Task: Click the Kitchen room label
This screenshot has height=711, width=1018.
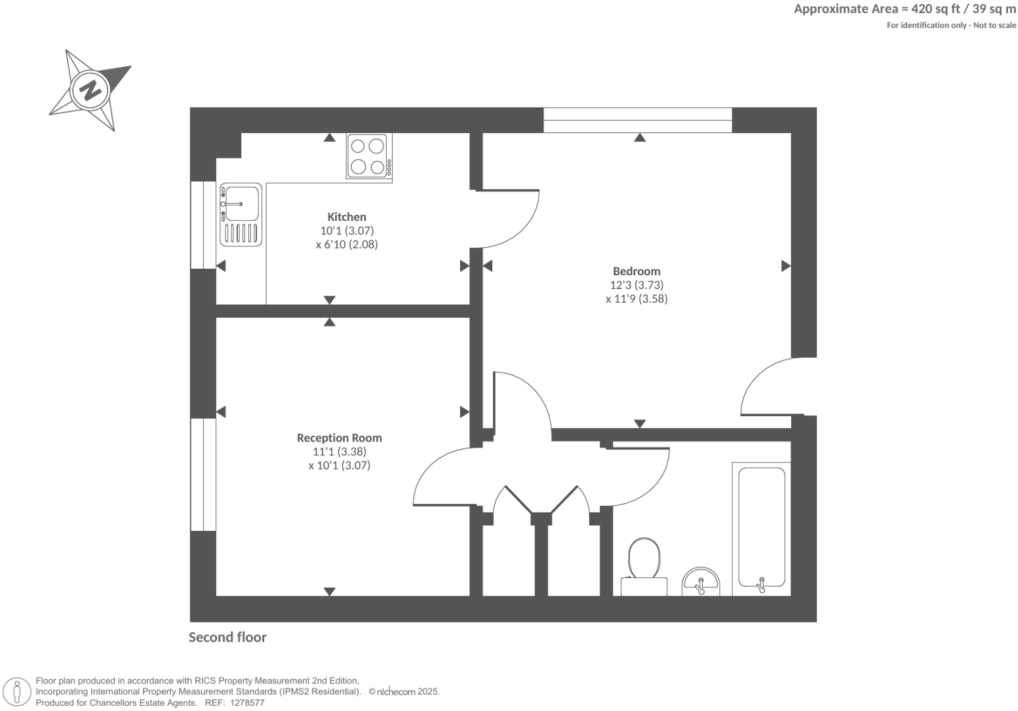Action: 347,217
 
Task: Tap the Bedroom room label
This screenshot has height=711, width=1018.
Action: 636,271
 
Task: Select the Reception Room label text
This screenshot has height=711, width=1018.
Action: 339,438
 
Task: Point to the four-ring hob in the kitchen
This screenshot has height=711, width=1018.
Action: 368,156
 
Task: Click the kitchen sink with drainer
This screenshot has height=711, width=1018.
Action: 241,214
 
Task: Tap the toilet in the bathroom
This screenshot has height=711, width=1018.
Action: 644,564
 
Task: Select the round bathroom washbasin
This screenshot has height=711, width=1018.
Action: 701,582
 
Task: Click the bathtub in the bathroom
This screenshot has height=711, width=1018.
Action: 762,527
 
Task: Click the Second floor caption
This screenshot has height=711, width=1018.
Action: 227,637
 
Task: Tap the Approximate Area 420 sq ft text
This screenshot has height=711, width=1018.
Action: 905,9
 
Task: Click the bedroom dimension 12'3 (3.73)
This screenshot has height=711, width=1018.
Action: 636,285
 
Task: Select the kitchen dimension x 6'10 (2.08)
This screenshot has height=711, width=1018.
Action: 347,244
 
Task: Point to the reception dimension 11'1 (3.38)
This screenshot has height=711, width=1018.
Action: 339,452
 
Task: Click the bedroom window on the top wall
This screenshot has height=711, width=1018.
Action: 637,121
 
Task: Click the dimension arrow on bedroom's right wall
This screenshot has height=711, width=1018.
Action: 785,266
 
